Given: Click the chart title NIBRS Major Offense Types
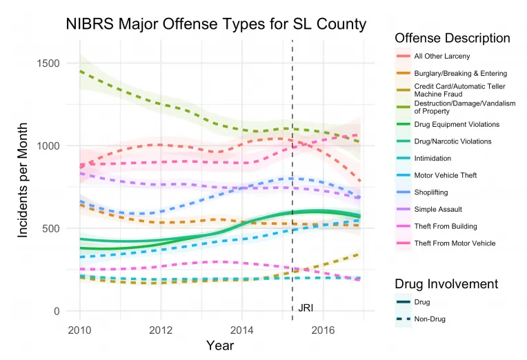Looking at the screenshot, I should click(216, 23).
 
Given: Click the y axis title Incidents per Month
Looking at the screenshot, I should click(23, 181).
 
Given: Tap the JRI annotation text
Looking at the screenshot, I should click(306, 308).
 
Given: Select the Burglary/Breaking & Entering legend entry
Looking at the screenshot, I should click(460, 73).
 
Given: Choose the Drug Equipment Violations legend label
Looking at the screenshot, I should click(457, 124).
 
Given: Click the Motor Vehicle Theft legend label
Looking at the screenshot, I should click(445, 175).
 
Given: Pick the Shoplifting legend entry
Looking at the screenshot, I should click(432, 192).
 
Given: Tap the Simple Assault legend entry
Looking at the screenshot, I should click(438, 209).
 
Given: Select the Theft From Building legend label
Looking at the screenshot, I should click(445, 226).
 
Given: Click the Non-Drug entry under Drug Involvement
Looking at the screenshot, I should click(429, 319).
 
